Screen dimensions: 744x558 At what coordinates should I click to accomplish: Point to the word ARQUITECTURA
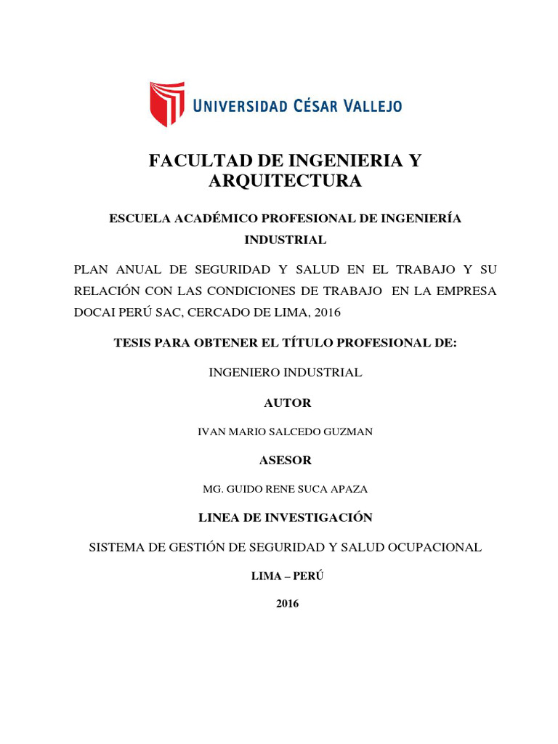(x=285, y=182)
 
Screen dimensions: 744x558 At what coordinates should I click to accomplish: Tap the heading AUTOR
(x=288, y=403)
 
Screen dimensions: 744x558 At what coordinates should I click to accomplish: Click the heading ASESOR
(x=286, y=460)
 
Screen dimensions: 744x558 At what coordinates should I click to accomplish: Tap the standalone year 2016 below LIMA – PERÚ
(x=288, y=604)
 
